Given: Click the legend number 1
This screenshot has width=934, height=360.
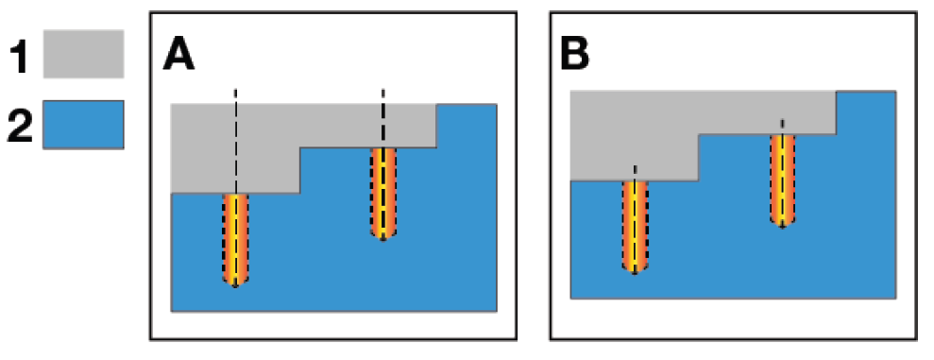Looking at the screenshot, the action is [20, 55].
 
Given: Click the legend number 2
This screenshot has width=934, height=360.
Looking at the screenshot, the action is [20, 124].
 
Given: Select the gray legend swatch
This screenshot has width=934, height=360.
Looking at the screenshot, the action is [83, 54].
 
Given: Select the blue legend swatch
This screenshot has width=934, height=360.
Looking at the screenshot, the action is [83, 124].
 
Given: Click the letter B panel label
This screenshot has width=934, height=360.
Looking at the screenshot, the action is [575, 56].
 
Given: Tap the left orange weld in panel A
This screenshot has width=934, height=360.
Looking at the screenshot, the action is [235, 240].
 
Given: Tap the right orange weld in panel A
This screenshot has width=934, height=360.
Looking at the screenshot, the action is [383, 194].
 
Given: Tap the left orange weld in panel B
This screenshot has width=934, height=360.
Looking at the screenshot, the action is [635, 227].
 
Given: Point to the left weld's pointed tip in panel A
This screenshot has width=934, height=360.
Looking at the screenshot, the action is [235, 287].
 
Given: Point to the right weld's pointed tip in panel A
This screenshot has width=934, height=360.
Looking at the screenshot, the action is [383, 240].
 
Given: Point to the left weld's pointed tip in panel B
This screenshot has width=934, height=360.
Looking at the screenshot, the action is [635, 274].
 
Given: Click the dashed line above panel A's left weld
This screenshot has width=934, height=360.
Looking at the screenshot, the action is [236, 141].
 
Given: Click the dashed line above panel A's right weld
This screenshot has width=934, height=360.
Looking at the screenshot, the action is [383, 118].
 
